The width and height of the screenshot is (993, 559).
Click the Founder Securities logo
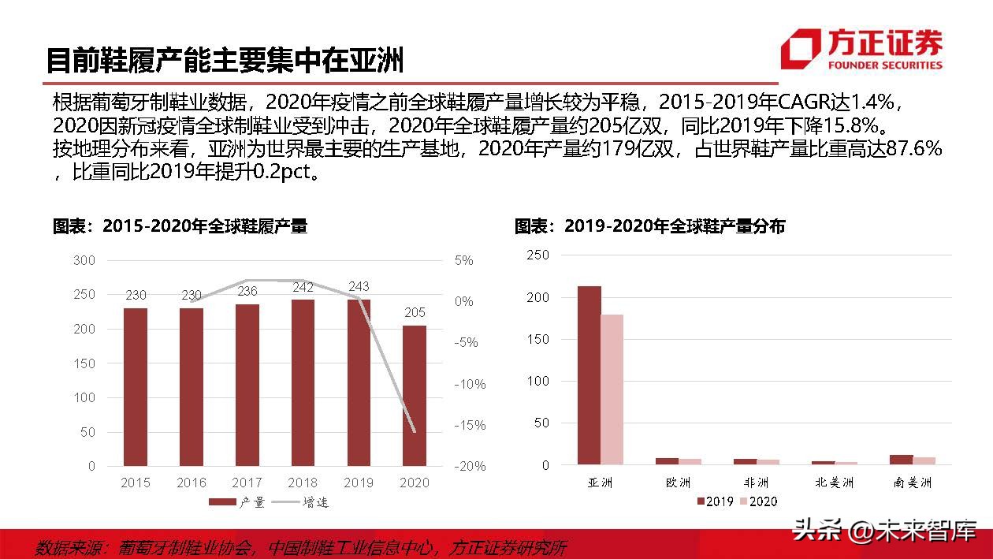click(861, 49)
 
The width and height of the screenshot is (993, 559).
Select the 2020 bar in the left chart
click(415, 395)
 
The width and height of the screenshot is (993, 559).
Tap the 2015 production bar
click(136, 386)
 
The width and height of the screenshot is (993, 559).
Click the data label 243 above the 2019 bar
click(359, 286)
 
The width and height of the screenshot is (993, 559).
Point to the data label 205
click(415, 312)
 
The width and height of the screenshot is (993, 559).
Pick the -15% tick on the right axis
click(470, 425)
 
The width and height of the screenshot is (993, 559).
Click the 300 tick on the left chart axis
click(84, 260)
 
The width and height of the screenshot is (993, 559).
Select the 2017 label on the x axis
click(247, 482)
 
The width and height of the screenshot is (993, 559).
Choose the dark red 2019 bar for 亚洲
click(589, 375)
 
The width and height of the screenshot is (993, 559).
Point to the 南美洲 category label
click(913, 482)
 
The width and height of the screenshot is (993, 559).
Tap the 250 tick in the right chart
click(537, 255)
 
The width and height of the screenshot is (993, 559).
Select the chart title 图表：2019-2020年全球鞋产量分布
click(649, 226)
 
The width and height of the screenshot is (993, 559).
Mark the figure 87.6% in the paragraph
click(914, 148)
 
